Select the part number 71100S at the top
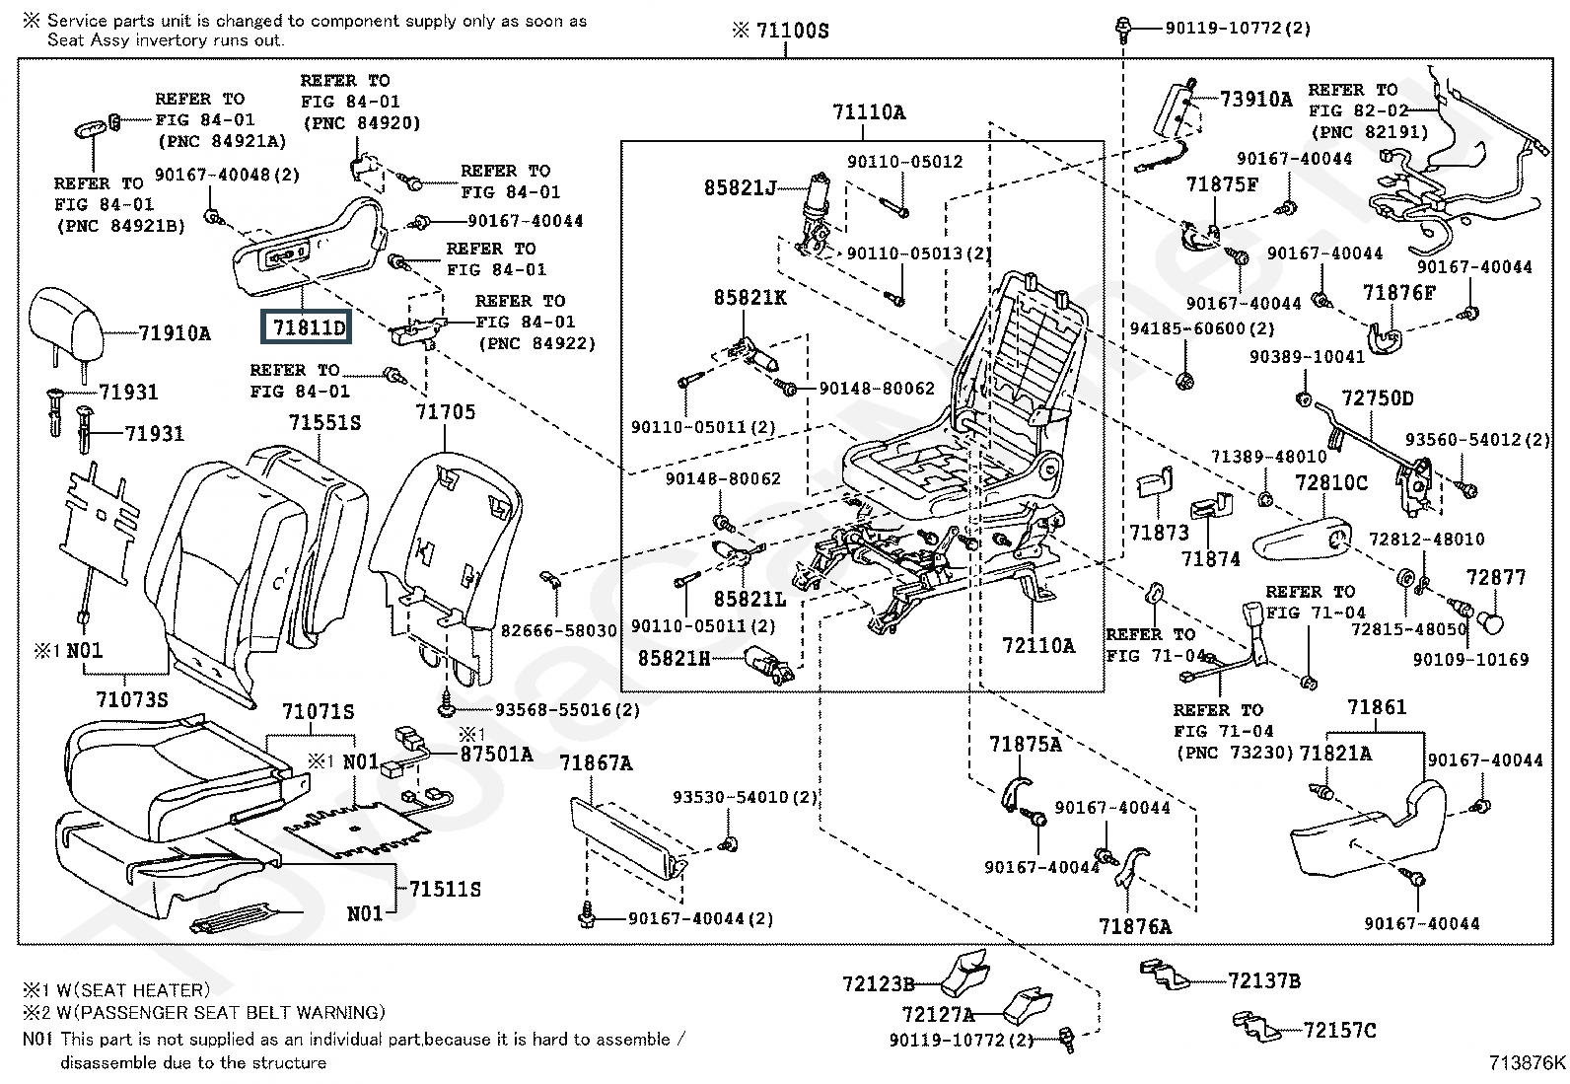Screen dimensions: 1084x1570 click(x=792, y=31)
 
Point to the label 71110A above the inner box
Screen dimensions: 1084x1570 click(x=868, y=112)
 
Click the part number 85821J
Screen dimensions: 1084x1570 click(x=740, y=186)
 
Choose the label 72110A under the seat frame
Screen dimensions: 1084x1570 click(x=1038, y=646)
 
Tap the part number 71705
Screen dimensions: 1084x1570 click(x=445, y=411)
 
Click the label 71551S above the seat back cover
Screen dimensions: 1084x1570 click(x=324, y=423)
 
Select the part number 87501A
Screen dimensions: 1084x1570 click(x=496, y=755)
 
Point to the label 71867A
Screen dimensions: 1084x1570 click(x=596, y=762)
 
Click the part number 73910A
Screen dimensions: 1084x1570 click(x=1255, y=99)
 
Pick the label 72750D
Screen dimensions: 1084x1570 click(x=1377, y=398)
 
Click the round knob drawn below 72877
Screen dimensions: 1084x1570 click(x=1493, y=622)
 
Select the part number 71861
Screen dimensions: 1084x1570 click(x=1377, y=707)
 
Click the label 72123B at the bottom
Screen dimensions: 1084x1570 click(x=879, y=983)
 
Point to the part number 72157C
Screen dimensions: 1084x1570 click(x=1339, y=1031)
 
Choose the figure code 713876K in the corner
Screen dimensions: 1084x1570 click(x=1527, y=1062)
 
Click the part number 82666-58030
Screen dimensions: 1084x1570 click(x=559, y=630)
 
